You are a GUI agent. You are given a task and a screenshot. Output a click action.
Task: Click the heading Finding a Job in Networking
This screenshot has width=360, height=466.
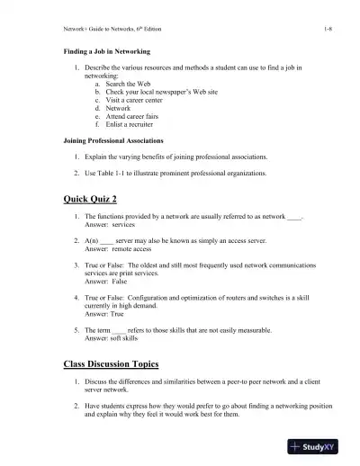coord(106,52)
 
